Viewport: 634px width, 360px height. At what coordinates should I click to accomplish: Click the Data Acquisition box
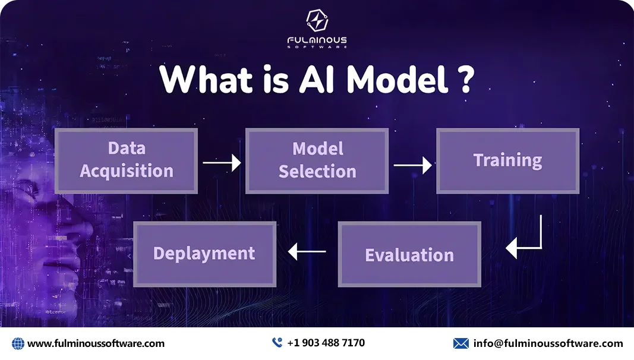pyautogui.click(x=126, y=161)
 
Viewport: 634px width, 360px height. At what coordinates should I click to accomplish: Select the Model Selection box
pyautogui.click(x=317, y=161)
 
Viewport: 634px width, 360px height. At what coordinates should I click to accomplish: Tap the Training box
pyautogui.click(x=508, y=161)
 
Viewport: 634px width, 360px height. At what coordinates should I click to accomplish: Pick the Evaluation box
pyautogui.click(x=409, y=254)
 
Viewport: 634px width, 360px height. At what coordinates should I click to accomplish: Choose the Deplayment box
pyautogui.click(x=204, y=254)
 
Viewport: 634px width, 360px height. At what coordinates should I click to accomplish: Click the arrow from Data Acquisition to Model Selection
pyautogui.click(x=222, y=162)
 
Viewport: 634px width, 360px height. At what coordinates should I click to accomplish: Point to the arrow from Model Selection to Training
pyautogui.click(x=412, y=165)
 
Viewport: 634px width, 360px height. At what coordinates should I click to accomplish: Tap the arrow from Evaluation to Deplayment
pyautogui.click(x=307, y=251)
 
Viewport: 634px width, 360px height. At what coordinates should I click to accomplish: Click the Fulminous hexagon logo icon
pyautogui.click(x=317, y=20)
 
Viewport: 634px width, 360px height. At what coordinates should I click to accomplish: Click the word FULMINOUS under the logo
pyautogui.click(x=317, y=40)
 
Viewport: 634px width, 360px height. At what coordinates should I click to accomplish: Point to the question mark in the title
pyautogui.click(x=467, y=79)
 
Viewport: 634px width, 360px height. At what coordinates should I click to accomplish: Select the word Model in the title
pyautogui.click(x=397, y=79)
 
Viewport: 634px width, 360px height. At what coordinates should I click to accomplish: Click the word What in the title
pyautogui.click(x=206, y=79)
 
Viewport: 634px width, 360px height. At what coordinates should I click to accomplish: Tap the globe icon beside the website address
pyautogui.click(x=18, y=344)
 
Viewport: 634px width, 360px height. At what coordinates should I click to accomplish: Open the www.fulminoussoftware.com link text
pyautogui.click(x=96, y=344)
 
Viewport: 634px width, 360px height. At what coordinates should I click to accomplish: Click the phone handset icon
pyautogui.click(x=277, y=343)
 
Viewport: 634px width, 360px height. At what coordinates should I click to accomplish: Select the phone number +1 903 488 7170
pyautogui.click(x=326, y=343)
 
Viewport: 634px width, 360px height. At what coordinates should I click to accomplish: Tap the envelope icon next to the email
pyautogui.click(x=461, y=343)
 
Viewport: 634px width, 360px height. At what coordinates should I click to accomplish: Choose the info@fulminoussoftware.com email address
pyautogui.click(x=548, y=343)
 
